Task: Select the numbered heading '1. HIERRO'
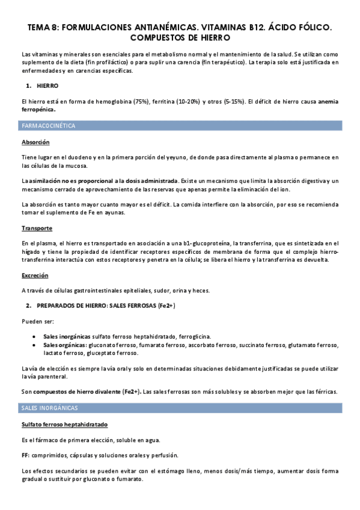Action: (x=43, y=86)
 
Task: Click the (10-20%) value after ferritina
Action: (x=195, y=101)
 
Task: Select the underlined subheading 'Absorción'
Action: (x=35, y=143)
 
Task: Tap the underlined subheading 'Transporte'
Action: (x=37, y=228)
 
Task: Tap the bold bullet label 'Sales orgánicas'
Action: (x=65, y=345)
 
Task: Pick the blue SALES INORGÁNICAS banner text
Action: (x=49, y=408)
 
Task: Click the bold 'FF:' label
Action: (x=26, y=455)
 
